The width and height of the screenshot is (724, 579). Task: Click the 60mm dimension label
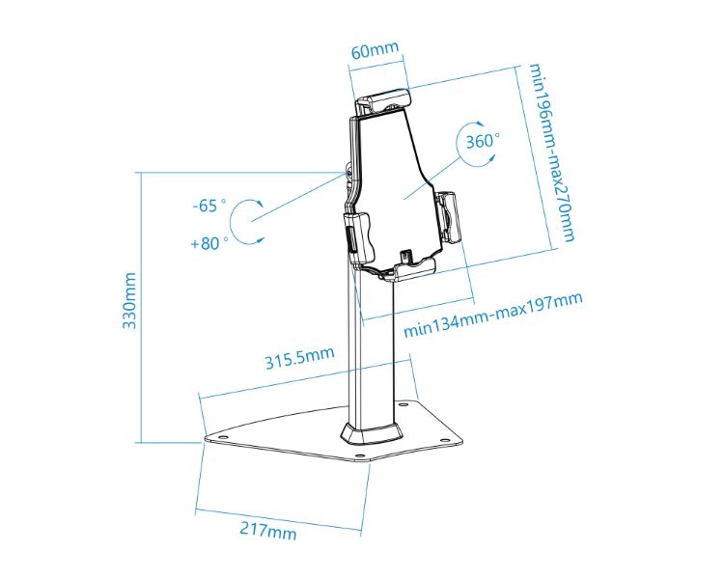tap(375, 50)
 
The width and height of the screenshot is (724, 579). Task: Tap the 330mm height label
tap(129, 300)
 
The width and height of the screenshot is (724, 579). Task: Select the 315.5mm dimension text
tap(299, 358)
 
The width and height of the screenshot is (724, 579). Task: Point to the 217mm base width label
tap(267, 529)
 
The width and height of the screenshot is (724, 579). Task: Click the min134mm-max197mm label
tap(492, 315)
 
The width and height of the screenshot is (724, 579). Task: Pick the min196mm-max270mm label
tap(551, 152)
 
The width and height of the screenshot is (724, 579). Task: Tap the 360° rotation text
tap(482, 141)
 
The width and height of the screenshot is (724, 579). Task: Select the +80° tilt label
tap(209, 243)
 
